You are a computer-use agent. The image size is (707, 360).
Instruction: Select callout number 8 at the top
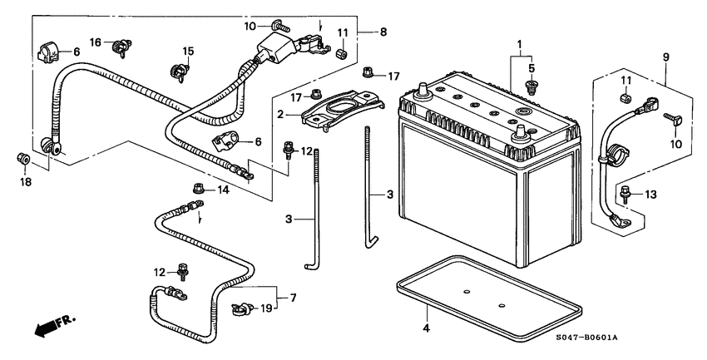pos(383,32)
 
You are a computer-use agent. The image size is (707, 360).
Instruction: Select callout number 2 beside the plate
pos(282,114)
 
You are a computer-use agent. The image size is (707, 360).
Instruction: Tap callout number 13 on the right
pos(650,195)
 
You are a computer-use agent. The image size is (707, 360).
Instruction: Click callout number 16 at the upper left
pos(96,42)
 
